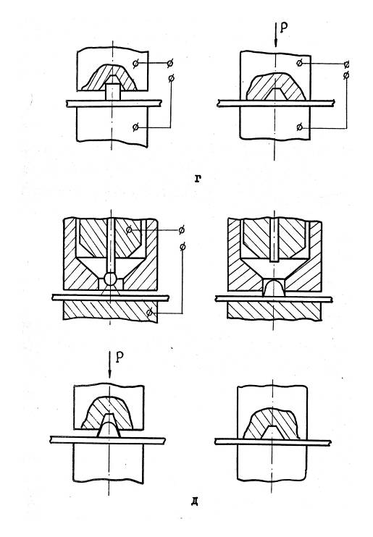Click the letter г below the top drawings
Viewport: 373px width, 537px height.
coord(197,179)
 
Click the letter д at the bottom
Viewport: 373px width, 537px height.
coord(194,502)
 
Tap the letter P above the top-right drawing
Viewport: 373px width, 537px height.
coord(284,27)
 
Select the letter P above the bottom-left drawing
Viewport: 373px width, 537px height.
coord(120,358)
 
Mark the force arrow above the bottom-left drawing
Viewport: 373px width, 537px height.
coord(109,365)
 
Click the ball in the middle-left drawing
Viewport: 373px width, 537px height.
coord(110,279)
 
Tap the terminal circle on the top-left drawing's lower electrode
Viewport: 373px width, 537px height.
coord(135,127)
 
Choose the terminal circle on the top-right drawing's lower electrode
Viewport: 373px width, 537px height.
coord(300,127)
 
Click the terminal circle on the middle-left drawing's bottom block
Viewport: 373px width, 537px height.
coord(149,313)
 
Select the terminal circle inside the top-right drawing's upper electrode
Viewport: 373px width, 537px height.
coord(300,63)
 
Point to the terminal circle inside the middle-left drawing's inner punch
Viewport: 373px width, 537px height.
coord(129,230)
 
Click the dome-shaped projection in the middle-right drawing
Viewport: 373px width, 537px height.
coord(273,288)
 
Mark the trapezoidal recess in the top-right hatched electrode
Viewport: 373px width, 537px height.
coord(275,94)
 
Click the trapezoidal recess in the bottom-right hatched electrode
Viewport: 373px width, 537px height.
coord(273,433)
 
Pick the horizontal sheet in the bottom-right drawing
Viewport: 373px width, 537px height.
coord(273,442)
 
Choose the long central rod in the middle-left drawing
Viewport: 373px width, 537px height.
coord(110,246)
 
